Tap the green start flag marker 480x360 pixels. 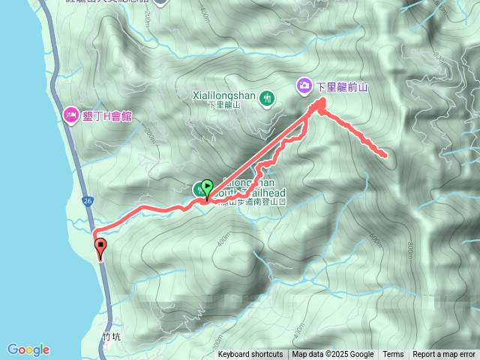pos(207,187)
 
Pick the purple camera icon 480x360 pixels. pos(304,85)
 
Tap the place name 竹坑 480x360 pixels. pos(110,337)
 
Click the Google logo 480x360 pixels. pos(28,349)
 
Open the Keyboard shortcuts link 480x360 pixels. pos(250,355)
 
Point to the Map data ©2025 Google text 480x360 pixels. pos(333,355)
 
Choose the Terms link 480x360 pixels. pos(393,355)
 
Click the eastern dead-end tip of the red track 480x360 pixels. pos(385,155)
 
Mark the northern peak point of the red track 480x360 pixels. pos(322,100)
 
